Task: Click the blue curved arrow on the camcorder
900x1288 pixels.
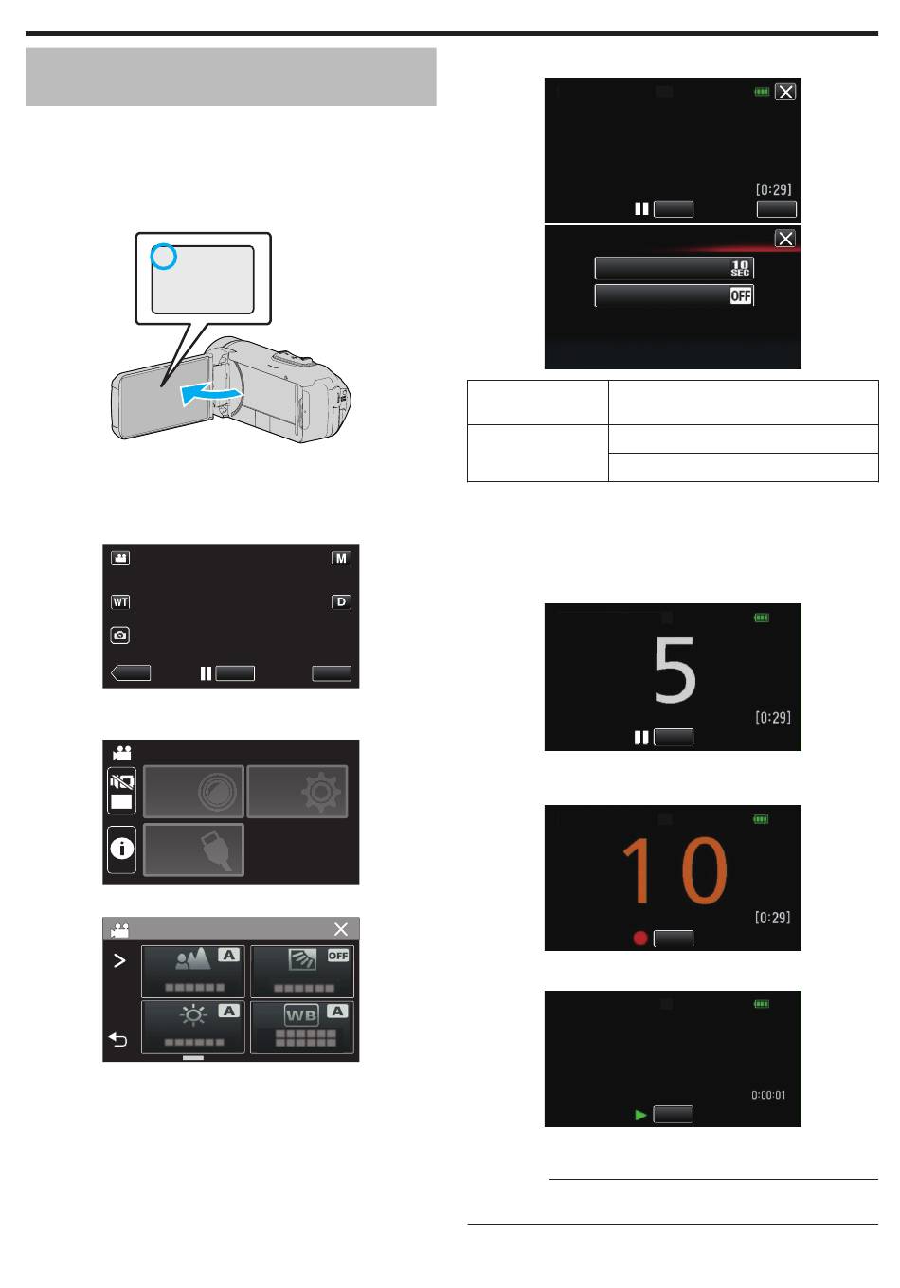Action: point(210,394)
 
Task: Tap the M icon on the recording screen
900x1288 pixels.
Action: point(341,558)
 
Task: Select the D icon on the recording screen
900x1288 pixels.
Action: point(341,601)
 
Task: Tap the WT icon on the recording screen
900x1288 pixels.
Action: point(120,601)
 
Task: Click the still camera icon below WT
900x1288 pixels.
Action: point(120,635)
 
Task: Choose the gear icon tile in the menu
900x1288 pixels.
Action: point(321,792)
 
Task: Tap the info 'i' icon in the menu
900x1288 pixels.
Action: point(122,849)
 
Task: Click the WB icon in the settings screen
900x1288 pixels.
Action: point(300,1014)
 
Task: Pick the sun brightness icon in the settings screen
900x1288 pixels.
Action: point(193,1015)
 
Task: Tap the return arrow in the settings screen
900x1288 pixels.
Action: point(117,1039)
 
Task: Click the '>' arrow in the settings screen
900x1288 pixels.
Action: point(119,960)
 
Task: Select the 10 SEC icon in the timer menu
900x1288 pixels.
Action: point(740,268)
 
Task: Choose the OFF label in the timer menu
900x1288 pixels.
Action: point(740,295)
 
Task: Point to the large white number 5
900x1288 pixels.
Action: point(674,670)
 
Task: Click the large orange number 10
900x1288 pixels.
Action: point(675,870)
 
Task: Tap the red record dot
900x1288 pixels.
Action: point(640,939)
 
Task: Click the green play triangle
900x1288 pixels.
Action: point(640,1115)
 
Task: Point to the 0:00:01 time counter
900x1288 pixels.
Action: point(768,1095)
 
